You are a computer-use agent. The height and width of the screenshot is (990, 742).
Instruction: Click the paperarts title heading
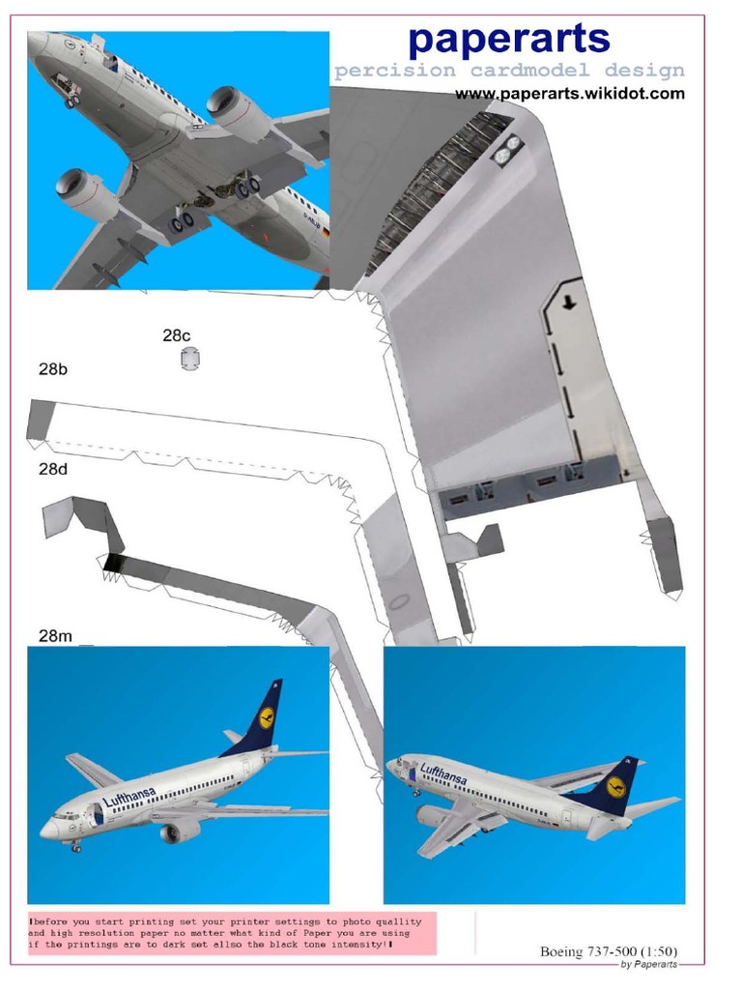tap(508, 40)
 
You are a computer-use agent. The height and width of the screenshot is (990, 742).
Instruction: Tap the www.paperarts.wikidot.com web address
tap(570, 94)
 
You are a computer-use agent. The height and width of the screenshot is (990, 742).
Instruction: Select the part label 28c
tap(177, 335)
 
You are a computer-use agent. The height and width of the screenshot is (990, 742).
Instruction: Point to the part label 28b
tap(52, 368)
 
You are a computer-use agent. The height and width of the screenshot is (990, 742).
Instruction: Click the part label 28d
tap(52, 470)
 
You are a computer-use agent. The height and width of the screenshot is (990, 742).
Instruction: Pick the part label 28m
tap(55, 635)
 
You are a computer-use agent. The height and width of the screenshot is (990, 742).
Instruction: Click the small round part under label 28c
tap(189, 360)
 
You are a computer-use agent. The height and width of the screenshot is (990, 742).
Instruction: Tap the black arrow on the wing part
tap(570, 302)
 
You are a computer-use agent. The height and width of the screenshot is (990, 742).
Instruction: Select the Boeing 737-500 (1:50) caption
tap(608, 951)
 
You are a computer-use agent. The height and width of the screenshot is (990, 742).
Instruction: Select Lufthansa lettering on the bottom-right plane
tap(442, 773)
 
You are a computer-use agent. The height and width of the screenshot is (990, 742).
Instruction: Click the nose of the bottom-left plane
tap(44, 830)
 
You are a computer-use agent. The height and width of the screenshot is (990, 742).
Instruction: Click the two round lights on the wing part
tap(507, 147)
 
